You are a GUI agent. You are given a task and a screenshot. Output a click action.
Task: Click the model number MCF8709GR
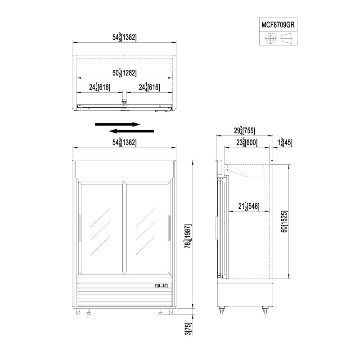pos(278,25)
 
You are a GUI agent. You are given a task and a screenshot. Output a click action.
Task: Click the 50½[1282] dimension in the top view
pos(125,73)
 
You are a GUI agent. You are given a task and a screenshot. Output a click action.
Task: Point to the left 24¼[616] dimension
pos(99,87)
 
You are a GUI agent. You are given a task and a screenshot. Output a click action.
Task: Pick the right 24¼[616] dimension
pos(149,87)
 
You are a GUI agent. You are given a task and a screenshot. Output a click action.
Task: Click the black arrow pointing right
pos(117,125)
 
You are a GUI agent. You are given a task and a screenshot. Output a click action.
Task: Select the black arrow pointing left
pos(131,131)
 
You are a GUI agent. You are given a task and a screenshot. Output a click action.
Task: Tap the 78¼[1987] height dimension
pos(188,236)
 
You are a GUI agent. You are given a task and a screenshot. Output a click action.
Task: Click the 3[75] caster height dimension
pos(189,328)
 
